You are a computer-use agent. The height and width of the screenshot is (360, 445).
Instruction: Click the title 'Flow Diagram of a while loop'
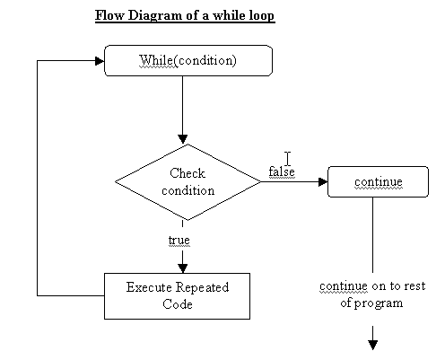(185, 15)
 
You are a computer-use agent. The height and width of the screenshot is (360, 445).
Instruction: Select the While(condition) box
(188, 60)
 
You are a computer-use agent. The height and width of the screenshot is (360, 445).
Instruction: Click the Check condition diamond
(188, 182)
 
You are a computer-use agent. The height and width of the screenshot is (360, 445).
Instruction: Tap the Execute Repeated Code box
(177, 296)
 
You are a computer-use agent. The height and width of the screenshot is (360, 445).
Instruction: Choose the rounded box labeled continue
(378, 181)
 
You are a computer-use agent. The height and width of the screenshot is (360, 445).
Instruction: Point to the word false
(282, 171)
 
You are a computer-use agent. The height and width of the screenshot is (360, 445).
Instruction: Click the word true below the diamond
(179, 240)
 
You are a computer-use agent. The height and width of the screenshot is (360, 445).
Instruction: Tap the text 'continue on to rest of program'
(372, 294)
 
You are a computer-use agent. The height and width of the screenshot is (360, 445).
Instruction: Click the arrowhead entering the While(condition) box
(100, 61)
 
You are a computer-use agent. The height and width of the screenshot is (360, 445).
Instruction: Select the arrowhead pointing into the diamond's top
(183, 139)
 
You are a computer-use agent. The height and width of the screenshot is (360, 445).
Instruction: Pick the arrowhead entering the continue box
(323, 181)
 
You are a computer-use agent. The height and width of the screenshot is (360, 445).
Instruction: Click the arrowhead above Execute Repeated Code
(183, 268)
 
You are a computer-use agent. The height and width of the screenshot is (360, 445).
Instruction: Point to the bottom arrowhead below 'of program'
(372, 345)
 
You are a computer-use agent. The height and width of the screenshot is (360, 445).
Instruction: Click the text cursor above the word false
(288, 159)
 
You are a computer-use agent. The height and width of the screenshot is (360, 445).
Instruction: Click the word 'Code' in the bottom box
(178, 304)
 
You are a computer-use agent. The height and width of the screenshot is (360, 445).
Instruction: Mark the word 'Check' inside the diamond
(188, 173)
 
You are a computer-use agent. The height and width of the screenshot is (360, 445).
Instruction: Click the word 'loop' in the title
(259, 15)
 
